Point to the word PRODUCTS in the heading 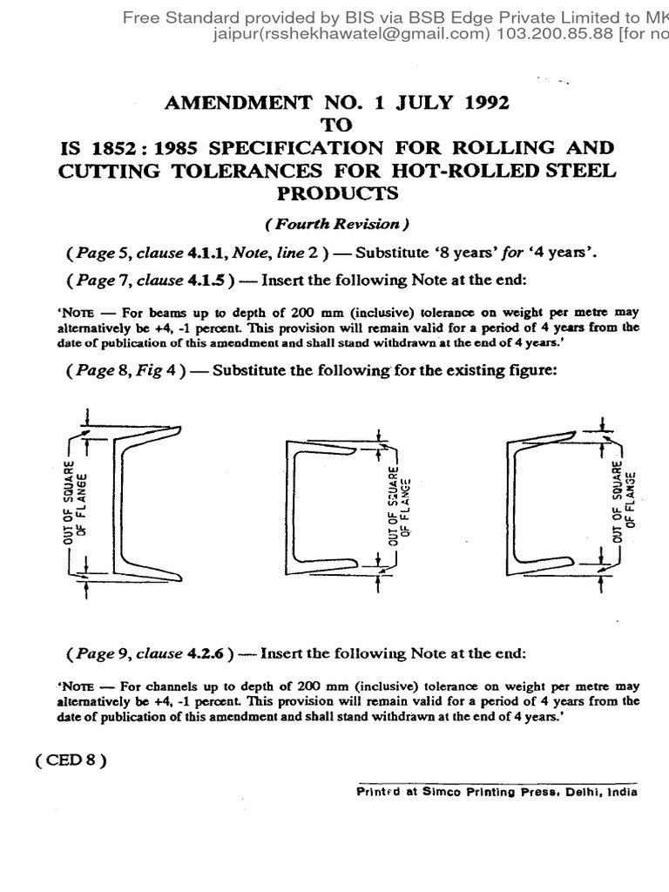[x=335, y=192]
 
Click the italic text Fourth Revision [x=335, y=224]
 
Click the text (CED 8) [x=71, y=759]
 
